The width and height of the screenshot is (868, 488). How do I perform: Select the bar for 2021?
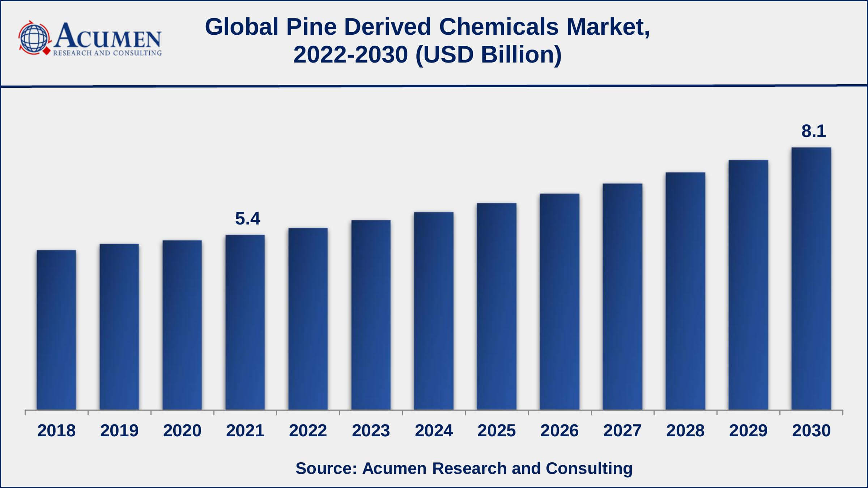[x=245, y=322]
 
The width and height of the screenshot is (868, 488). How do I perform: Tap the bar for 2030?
[x=811, y=278]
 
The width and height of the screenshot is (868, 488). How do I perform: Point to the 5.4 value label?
[x=248, y=219]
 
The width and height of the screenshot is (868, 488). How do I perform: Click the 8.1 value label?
[x=814, y=131]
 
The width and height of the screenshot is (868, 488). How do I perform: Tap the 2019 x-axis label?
[x=119, y=431]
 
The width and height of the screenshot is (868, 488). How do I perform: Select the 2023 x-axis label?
[x=371, y=431]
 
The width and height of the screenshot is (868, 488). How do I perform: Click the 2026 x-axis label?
[x=559, y=431]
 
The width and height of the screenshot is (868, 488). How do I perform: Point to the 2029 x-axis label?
[x=748, y=431]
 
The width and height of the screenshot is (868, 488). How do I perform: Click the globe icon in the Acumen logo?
[x=34, y=38]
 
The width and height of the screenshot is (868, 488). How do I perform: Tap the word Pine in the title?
[x=311, y=27]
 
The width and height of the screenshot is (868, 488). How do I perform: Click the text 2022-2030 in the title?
[x=350, y=55]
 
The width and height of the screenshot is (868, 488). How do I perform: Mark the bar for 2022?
[x=308, y=318]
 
